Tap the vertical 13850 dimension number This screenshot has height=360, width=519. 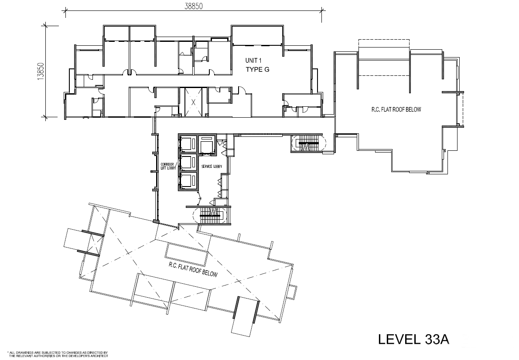(x=41, y=71)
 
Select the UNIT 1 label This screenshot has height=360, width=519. (x=253, y=61)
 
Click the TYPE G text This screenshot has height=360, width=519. (x=257, y=69)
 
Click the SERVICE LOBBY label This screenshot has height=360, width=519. (x=212, y=166)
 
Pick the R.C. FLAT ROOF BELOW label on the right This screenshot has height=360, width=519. (x=396, y=109)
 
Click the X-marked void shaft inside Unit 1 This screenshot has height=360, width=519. (x=193, y=102)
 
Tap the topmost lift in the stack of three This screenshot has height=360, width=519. (x=188, y=144)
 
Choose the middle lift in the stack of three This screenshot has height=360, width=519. (x=188, y=163)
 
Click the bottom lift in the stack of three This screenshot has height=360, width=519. (x=188, y=181)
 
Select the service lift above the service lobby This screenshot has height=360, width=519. (x=207, y=144)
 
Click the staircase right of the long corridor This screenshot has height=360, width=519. (x=308, y=143)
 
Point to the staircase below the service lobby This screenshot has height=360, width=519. (x=210, y=215)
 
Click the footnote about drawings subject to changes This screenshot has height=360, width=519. (x=58, y=354)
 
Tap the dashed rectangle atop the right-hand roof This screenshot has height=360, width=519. (x=384, y=58)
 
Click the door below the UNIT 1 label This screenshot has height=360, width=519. (x=241, y=90)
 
